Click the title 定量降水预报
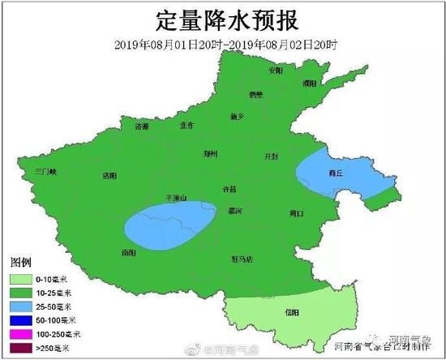click(223, 18)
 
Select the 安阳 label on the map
click(277, 71)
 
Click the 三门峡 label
click(47, 172)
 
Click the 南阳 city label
click(127, 253)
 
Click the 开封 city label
click(272, 156)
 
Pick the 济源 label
click(143, 127)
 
